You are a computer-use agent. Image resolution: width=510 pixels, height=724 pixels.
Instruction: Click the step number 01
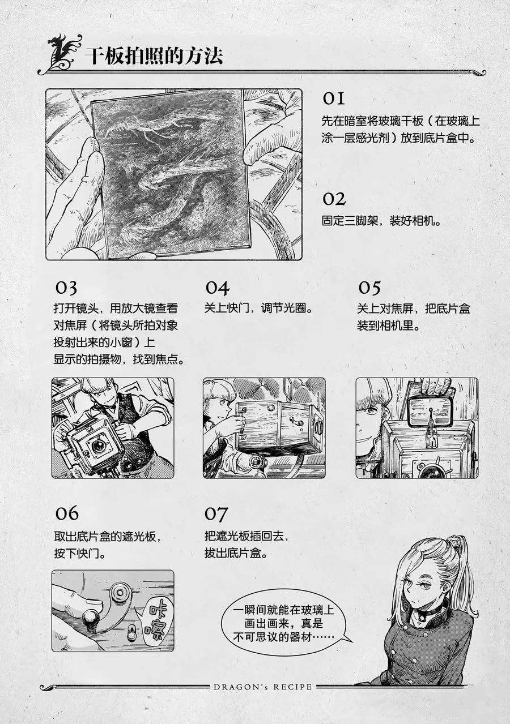point(333,98)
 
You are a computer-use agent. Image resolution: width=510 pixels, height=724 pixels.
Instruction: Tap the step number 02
point(334,199)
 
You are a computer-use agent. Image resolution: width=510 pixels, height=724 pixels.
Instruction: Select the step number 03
point(66,288)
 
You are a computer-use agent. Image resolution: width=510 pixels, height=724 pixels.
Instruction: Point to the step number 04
point(217,288)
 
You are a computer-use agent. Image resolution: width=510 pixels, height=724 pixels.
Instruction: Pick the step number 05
point(369,288)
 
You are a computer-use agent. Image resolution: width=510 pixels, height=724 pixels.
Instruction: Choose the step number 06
point(67,513)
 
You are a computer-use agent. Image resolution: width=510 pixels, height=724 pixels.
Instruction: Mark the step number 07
point(216,513)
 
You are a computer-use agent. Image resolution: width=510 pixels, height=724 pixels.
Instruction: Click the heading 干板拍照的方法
point(155,56)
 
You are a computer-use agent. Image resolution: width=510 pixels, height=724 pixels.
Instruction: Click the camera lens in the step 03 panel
point(97,447)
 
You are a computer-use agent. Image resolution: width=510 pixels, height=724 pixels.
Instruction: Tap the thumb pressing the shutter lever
point(78,601)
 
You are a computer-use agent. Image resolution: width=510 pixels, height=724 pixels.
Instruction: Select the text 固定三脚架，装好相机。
point(381,221)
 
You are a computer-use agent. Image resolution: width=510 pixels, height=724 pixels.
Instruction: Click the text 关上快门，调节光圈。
point(258,308)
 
